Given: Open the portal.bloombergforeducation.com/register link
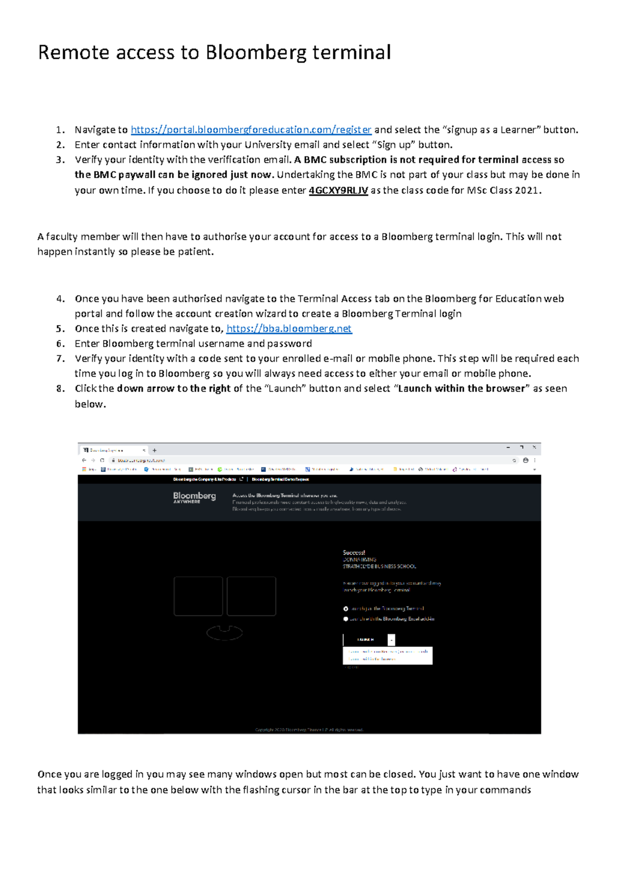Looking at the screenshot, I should point(251,130).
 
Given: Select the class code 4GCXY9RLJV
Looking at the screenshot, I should point(338,191).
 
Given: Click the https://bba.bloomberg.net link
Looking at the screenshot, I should point(289,329).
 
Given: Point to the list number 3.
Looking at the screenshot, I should point(60,160).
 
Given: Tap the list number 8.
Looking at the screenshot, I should point(60,389).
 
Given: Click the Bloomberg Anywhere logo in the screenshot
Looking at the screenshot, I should point(194,497).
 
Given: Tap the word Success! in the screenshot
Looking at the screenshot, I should point(354,552).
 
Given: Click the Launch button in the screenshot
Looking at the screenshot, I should point(365,640).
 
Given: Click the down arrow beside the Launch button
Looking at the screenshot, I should point(392,640).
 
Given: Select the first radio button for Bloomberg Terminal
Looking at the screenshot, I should point(346,609).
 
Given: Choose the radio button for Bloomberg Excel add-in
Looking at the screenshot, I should point(346,619).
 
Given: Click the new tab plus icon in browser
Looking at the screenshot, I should point(154,450).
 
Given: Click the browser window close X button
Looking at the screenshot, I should point(534,447).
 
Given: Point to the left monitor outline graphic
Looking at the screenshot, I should point(198,596).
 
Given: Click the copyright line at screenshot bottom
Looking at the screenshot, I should point(309,730).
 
